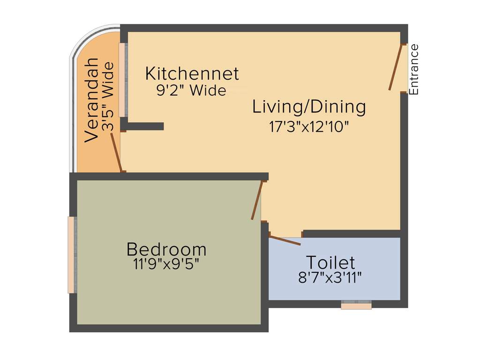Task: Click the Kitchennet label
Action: [192, 74]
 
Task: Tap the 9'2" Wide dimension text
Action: [191, 90]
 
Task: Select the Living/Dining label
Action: [309, 107]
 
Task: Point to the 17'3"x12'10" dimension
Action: [309, 127]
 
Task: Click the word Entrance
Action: [413, 69]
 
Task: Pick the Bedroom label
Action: [166, 249]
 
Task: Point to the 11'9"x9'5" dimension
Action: [166, 264]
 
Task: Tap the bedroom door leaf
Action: [256, 201]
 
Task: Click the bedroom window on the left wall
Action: [71, 255]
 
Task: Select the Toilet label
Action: [330, 262]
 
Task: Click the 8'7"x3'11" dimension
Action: [330, 277]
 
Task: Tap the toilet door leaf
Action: [285, 240]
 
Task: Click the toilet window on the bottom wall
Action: [356, 306]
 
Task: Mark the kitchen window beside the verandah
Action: [123, 80]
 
